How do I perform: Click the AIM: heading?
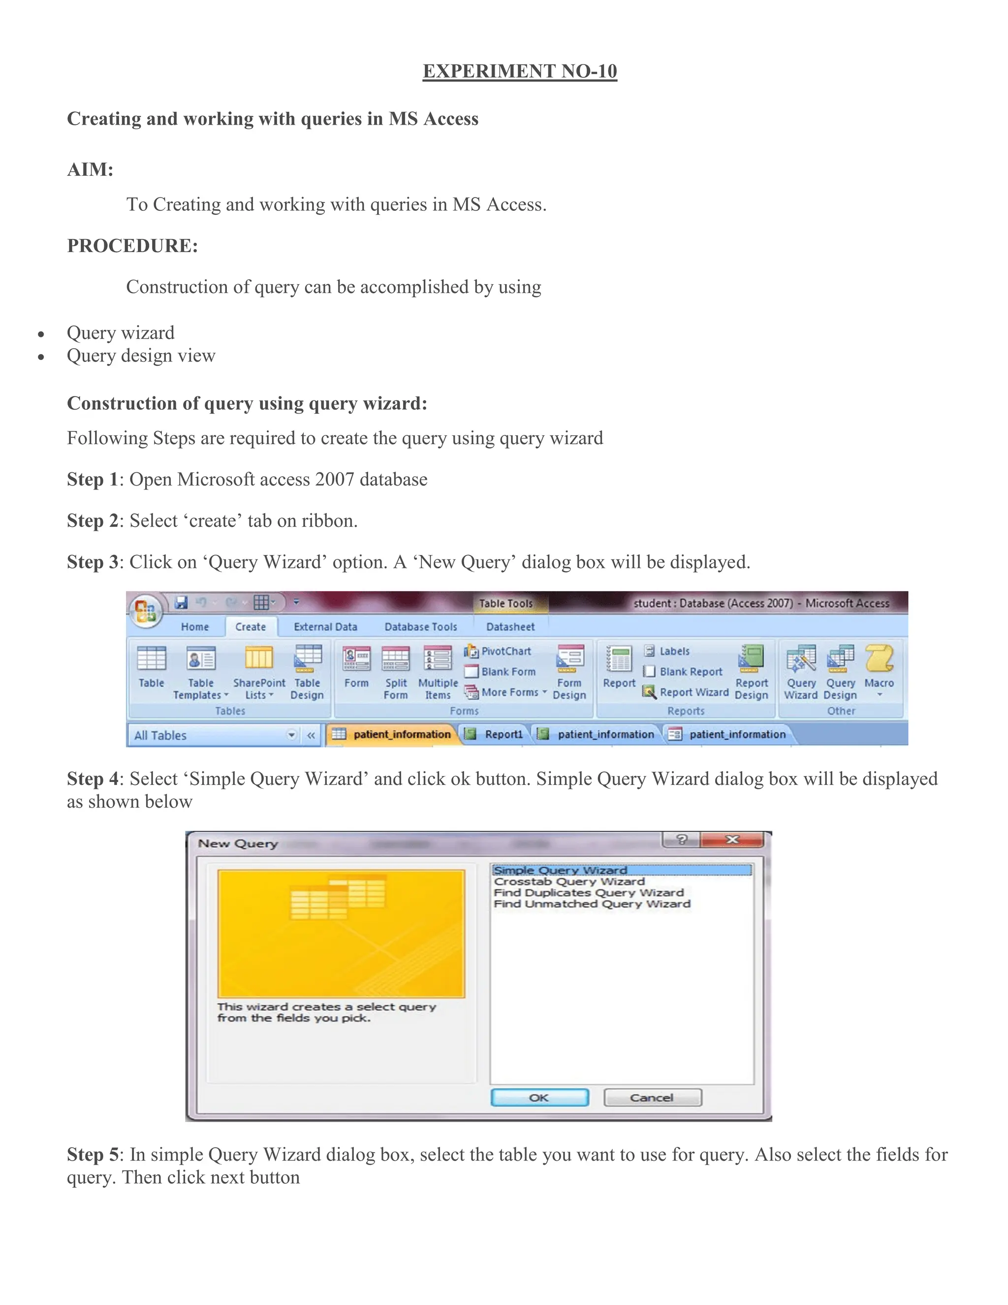click(x=90, y=170)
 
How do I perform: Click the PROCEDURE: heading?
click(x=132, y=246)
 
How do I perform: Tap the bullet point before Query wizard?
click(x=41, y=334)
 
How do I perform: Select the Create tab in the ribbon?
click(x=250, y=627)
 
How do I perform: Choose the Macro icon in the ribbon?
click(x=879, y=666)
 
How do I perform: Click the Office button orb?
click(x=145, y=611)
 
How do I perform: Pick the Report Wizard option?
click(x=686, y=692)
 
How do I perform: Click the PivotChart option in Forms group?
click(x=499, y=652)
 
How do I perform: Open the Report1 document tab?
click(x=496, y=734)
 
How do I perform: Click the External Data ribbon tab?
click(x=325, y=627)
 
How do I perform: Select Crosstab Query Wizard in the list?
click(x=569, y=881)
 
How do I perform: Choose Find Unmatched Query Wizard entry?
click(x=591, y=904)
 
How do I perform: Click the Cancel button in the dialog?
click(x=652, y=1098)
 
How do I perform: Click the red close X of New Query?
click(x=732, y=840)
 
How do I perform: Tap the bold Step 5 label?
click(x=93, y=1154)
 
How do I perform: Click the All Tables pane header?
click(x=209, y=735)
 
